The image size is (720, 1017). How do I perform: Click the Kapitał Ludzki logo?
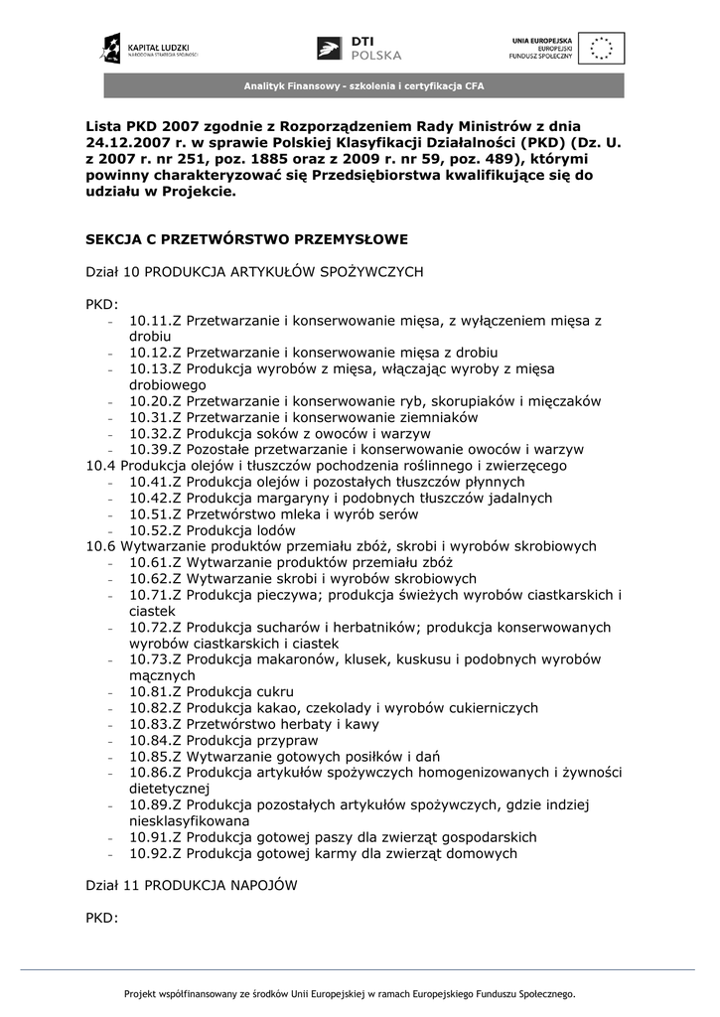[x=149, y=47]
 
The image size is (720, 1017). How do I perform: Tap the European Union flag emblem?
[x=604, y=48]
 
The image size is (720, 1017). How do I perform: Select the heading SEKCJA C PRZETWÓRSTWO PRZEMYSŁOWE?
[x=246, y=239]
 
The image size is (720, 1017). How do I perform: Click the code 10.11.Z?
[x=155, y=321]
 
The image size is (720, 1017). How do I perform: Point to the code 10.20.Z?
[x=155, y=401]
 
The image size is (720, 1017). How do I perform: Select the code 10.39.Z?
[x=155, y=450]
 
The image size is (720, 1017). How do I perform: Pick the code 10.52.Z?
[x=155, y=530]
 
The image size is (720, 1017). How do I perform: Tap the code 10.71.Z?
[x=155, y=595]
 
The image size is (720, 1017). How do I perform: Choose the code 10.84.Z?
[x=155, y=740]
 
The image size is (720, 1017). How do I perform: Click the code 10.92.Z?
[x=155, y=853]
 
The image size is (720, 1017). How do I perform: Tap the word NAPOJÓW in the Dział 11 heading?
[x=261, y=884]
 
